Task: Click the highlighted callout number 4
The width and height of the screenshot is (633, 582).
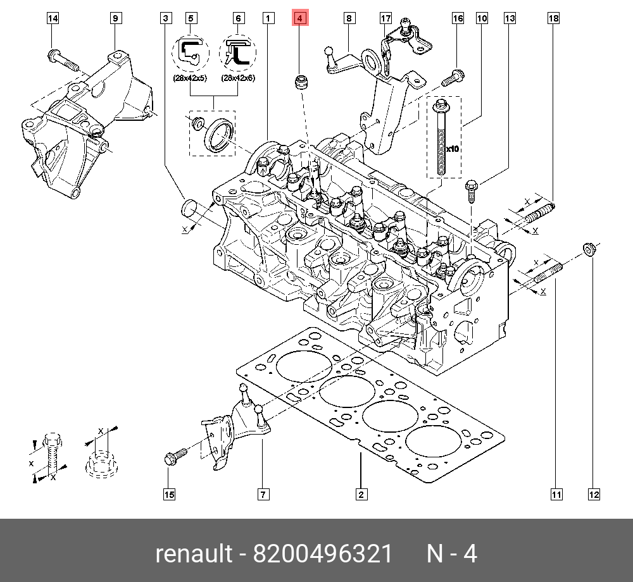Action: pos(299,18)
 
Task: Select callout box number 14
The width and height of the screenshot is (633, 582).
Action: pos(53,18)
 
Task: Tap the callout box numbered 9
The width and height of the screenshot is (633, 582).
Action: pos(115,18)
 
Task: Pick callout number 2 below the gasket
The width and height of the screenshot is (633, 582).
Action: pos(360,494)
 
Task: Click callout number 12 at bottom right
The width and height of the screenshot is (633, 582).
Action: pos(593,494)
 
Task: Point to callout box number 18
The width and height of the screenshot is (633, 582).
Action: pos(553,18)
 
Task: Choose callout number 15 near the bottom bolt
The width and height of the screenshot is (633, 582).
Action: pos(169,494)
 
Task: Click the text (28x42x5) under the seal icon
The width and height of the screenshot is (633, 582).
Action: pos(191,79)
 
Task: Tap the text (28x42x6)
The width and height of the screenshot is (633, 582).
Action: pos(238,79)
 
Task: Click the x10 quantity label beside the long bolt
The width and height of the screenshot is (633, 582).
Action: pos(452,149)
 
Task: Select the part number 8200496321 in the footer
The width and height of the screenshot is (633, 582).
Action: pos(323,554)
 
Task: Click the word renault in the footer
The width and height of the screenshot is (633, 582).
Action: pos(194,554)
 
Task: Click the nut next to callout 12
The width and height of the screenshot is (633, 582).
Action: pos(588,250)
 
